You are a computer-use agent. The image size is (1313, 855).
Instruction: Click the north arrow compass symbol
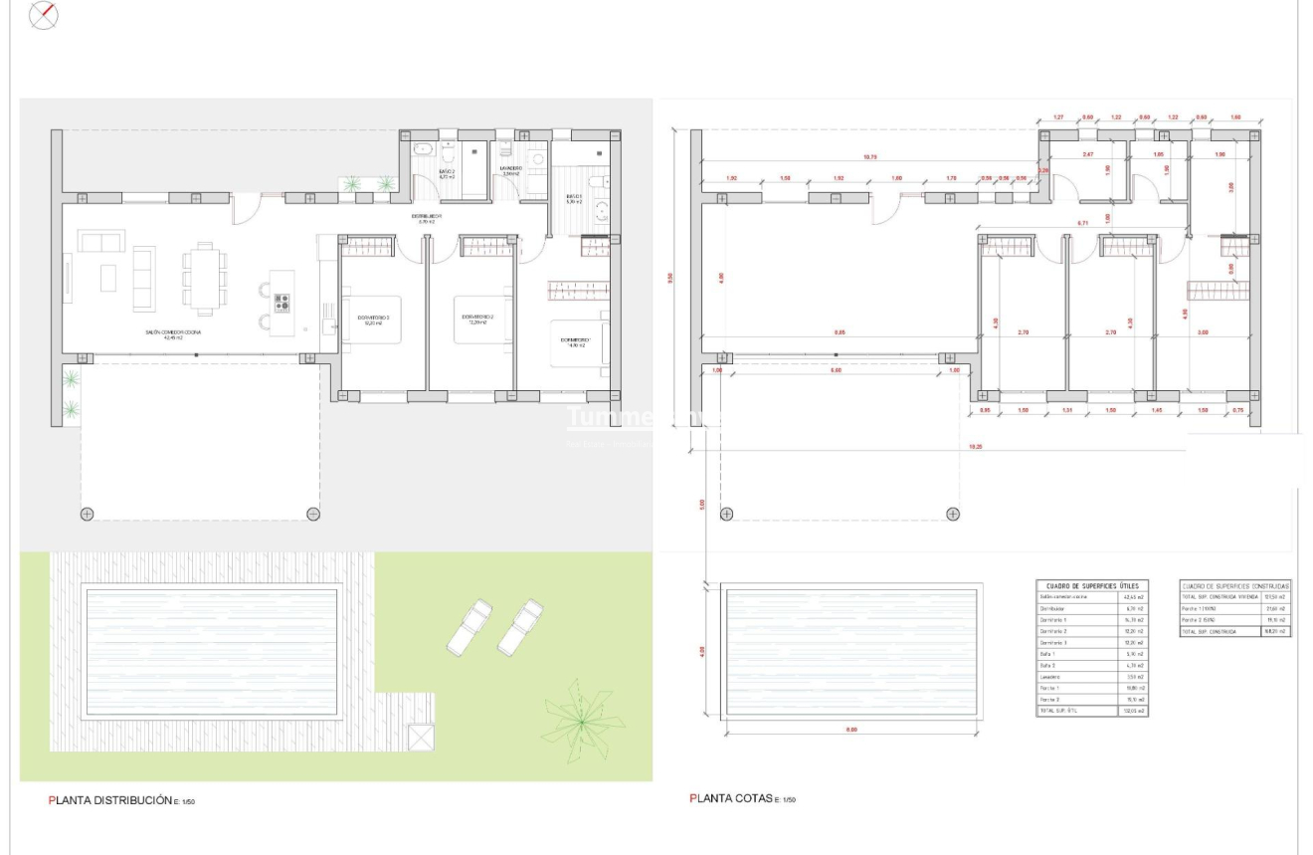(x=45, y=15)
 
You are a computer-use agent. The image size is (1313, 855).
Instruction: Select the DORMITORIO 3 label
(x=373, y=320)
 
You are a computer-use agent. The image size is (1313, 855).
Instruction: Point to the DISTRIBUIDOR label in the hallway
(x=429, y=217)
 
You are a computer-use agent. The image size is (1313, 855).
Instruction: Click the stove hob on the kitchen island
(x=281, y=303)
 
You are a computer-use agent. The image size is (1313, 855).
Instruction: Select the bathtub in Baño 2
(x=422, y=151)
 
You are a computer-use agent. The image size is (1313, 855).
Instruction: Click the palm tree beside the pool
(x=576, y=718)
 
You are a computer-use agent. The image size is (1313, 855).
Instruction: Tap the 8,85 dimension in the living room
(x=840, y=332)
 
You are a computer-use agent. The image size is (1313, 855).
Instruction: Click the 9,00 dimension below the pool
(x=851, y=730)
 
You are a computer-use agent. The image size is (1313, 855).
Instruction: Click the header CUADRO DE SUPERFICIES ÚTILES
(x=1092, y=585)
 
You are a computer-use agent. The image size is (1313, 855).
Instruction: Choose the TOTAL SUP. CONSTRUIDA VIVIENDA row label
(x=1219, y=597)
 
